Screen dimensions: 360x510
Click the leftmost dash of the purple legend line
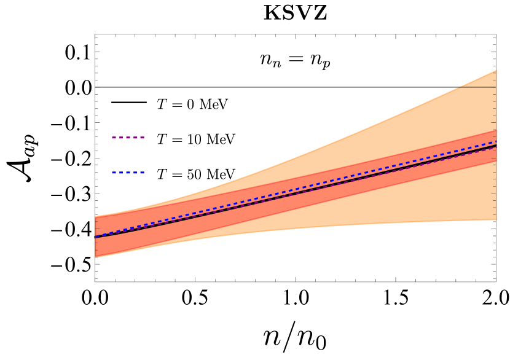click(x=114, y=138)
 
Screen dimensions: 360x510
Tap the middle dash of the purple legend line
click(x=128, y=138)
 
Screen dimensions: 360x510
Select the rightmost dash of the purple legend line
click(x=142, y=138)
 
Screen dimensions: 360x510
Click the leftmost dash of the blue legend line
click(x=114, y=173)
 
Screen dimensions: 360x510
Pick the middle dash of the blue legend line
click(x=128, y=173)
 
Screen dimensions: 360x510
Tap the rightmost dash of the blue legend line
click(x=142, y=173)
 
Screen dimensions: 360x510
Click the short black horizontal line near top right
click(x=476, y=87)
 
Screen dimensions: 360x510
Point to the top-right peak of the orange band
click(x=495, y=71)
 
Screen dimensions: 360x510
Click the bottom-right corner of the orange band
click(x=495, y=219)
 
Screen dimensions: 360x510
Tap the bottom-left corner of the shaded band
click(x=96, y=256)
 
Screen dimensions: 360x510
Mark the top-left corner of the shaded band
click(x=96, y=216)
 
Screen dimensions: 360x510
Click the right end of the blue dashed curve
click(x=496, y=142)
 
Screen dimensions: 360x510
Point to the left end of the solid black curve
click(x=96, y=237)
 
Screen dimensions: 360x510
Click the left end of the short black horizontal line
click(x=456, y=87)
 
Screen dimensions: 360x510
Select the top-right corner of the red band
click(x=495, y=130)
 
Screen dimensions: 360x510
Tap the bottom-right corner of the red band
click(x=495, y=161)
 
